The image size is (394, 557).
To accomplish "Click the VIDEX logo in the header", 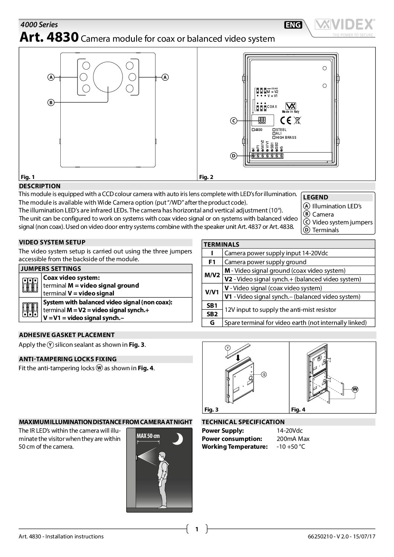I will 345,25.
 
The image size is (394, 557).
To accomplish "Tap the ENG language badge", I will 293,25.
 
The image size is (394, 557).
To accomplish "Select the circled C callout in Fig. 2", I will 233,121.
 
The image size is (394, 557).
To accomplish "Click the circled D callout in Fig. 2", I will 233,156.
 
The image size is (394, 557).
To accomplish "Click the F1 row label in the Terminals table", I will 212,262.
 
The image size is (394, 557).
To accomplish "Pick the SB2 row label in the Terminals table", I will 212,314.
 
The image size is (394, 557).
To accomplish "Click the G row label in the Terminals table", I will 212,323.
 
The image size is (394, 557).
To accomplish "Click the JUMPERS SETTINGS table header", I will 50,269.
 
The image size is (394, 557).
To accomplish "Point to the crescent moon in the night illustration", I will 178,439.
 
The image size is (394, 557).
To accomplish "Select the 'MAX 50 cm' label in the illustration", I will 148,436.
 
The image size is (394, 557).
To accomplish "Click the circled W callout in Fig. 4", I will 355,389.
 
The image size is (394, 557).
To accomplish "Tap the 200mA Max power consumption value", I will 293,439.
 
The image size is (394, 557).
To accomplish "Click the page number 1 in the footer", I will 197,529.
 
